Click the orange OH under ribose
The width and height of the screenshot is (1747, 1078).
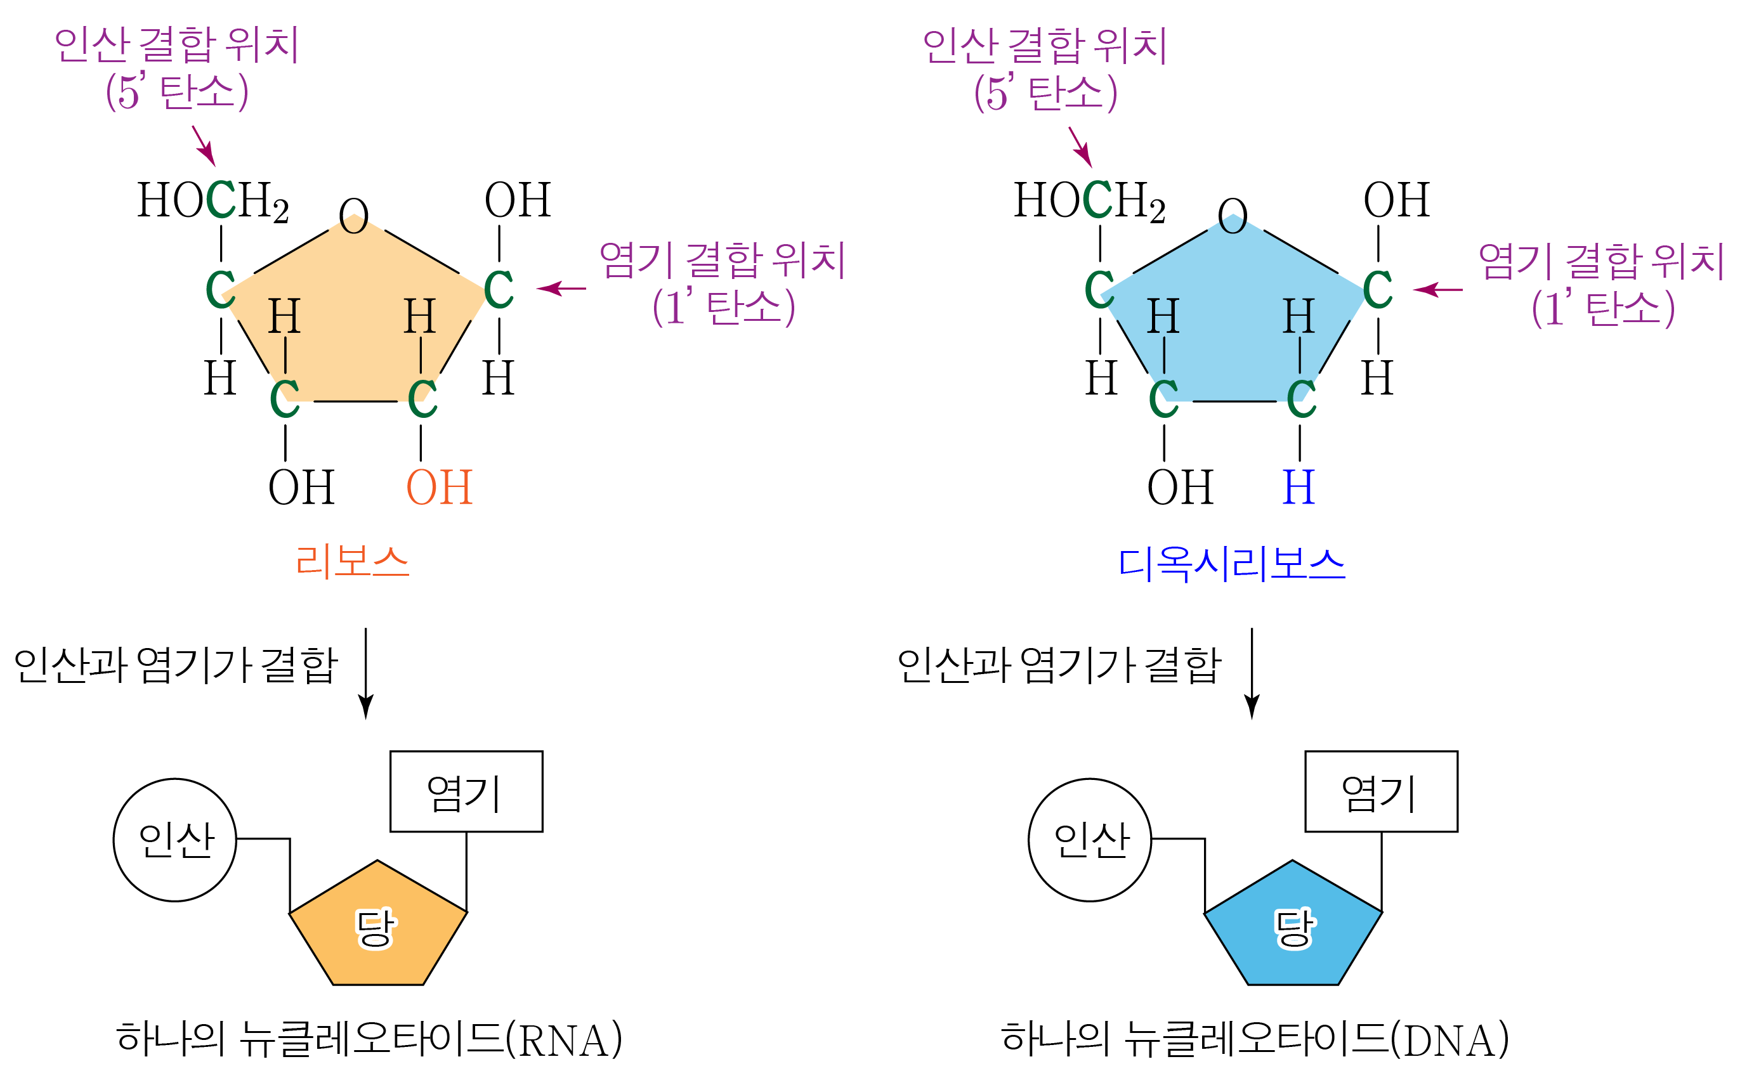(x=439, y=488)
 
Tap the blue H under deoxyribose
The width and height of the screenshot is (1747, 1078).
(x=1299, y=488)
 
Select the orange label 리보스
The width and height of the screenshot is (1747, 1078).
(x=352, y=562)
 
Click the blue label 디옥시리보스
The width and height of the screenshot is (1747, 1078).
(x=1231, y=564)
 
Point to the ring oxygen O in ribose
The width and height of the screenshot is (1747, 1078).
(x=354, y=216)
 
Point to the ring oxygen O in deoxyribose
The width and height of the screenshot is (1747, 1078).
(x=1233, y=216)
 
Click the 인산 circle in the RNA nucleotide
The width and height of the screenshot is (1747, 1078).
(x=174, y=840)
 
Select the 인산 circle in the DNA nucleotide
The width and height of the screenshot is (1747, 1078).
(x=1090, y=840)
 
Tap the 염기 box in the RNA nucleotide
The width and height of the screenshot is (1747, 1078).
(x=466, y=791)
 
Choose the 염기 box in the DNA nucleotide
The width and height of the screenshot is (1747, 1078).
(x=1381, y=791)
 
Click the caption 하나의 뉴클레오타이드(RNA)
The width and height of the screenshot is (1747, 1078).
(x=369, y=1039)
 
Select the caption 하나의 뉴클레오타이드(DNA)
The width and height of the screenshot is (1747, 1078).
(x=1255, y=1039)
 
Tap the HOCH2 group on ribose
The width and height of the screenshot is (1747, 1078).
(x=213, y=200)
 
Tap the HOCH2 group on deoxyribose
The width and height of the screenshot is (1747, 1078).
(x=1090, y=200)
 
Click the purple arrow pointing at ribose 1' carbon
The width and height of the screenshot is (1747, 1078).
(x=562, y=289)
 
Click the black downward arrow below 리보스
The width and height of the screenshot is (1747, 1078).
(x=366, y=673)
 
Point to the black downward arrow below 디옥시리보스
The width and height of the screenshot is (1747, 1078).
(x=1252, y=673)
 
